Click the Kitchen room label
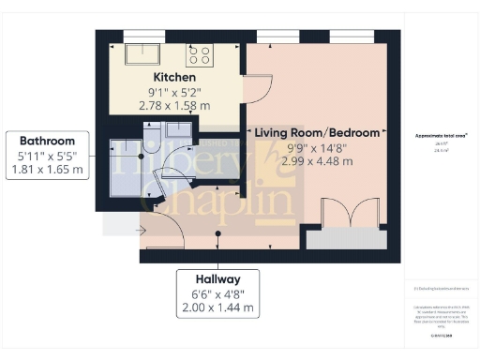point(174,76)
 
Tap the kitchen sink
point(142,52)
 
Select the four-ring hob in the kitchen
point(201,53)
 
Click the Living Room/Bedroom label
point(317,133)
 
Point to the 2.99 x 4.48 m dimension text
point(317,160)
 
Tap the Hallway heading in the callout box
point(218,279)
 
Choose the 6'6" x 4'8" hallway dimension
point(218,293)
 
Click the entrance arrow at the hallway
point(141,229)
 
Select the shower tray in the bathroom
point(124,165)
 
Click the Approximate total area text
point(434,137)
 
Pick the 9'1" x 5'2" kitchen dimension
point(174,91)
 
